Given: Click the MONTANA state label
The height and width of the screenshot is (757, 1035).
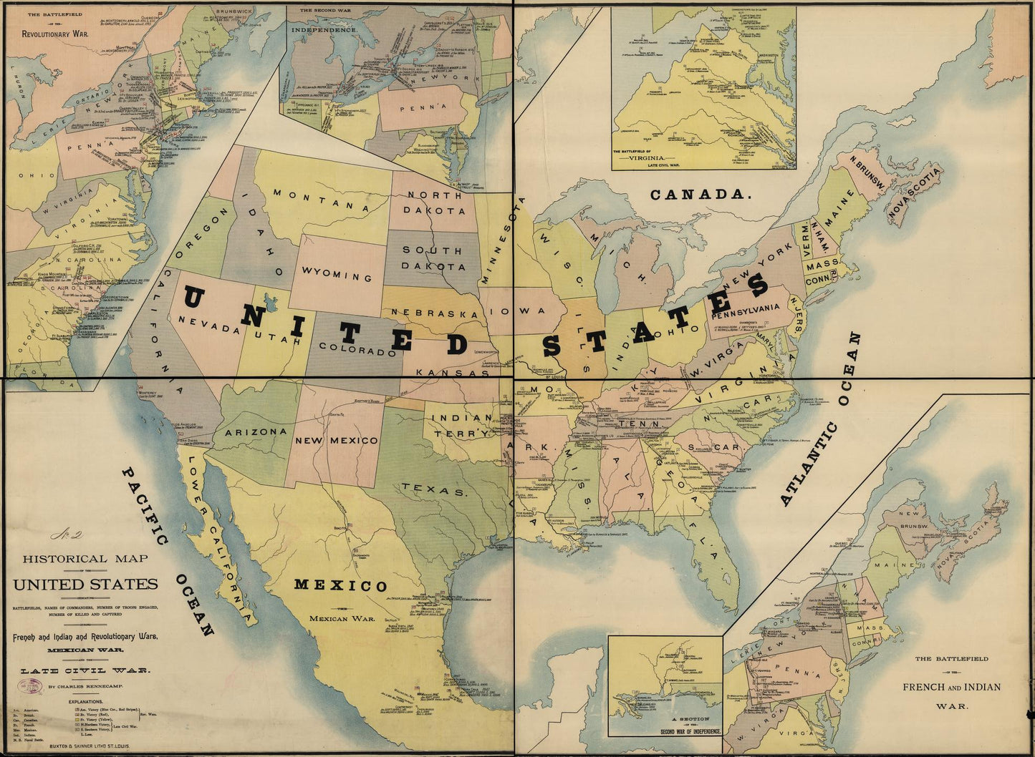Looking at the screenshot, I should (319, 200).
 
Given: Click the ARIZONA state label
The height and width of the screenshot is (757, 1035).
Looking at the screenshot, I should (256, 432).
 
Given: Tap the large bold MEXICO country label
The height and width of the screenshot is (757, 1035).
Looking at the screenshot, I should (341, 585).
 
